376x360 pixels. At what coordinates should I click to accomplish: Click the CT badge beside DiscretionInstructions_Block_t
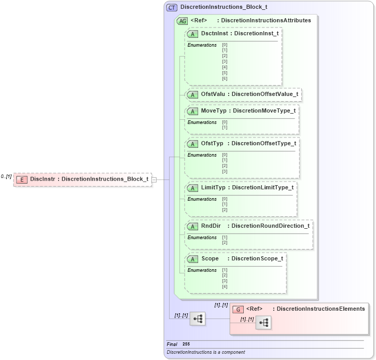pyautogui.click(x=172, y=8)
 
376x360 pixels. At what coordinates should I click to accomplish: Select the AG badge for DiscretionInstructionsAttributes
pyautogui.click(x=183, y=21)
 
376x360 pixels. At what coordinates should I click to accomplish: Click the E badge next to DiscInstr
pyautogui.click(x=22, y=179)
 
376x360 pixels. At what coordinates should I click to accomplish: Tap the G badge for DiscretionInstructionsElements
pyautogui.click(x=238, y=309)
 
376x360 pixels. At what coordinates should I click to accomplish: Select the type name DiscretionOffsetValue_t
pyautogui.click(x=264, y=94)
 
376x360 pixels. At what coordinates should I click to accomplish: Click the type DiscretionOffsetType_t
pyautogui.click(x=263, y=143)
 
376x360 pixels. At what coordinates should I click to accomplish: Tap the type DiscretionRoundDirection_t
pyautogui.click(x=270, y=226)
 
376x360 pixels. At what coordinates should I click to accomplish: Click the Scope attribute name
pyautogui.click(x=210, y=258)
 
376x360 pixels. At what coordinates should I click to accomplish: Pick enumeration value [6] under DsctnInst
pyautogui.click(x=225, y=78)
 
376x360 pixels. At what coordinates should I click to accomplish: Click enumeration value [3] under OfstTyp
pyautogui.click(x=225, y=171)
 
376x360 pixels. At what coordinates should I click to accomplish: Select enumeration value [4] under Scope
pyautogui.click(x=225, y=286)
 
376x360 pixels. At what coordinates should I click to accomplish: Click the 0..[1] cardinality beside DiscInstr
pyautogui.click(x=6, y=177)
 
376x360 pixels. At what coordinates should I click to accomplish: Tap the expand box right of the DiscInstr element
pyautogui.click(x=154, y=179)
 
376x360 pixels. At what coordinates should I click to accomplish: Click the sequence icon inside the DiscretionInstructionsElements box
pyautogui.click(x=263, y=323)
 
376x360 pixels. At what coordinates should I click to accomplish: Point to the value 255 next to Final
pyautogui.click(x=186, y=344)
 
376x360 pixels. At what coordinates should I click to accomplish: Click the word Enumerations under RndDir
pyautogui.click(x=202, y=238)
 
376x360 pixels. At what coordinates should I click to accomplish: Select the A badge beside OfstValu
pyautogui.click(x=193, y=94)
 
